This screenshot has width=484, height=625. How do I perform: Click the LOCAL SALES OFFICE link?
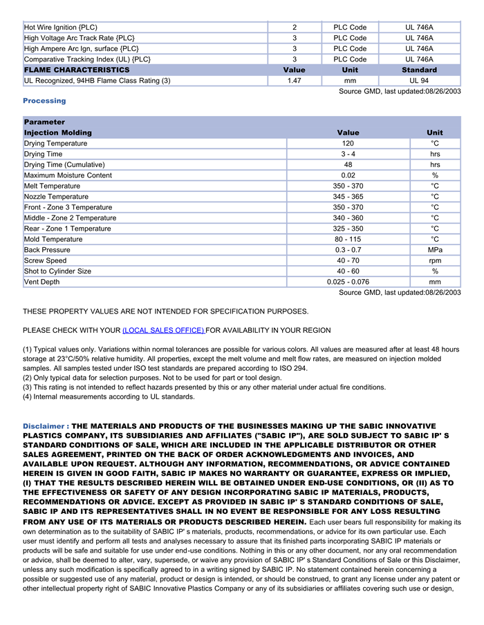point(163,331)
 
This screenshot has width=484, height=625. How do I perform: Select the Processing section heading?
point(44,101)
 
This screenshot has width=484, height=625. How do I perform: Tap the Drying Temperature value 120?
point(348,144)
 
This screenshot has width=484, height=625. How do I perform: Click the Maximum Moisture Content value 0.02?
point(348,175)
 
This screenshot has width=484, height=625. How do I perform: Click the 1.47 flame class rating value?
point(294,81)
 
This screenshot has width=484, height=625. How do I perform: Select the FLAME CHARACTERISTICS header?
point(77,70)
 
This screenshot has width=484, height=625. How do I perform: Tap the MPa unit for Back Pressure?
point(435,250)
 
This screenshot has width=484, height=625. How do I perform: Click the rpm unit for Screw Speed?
point(435,261)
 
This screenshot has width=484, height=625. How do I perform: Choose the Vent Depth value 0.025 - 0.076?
point(348,282)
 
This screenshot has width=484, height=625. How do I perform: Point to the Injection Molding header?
point(57,133)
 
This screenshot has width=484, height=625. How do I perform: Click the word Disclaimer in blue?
point(44,426)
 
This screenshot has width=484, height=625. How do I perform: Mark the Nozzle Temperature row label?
point(56,197)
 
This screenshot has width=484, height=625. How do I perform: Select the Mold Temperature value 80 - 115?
point(348,240)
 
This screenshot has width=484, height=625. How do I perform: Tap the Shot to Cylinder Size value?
point(348,271)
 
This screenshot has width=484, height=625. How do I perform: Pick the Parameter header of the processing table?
point(44,122)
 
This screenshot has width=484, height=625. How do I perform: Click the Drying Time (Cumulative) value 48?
point(348,165)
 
